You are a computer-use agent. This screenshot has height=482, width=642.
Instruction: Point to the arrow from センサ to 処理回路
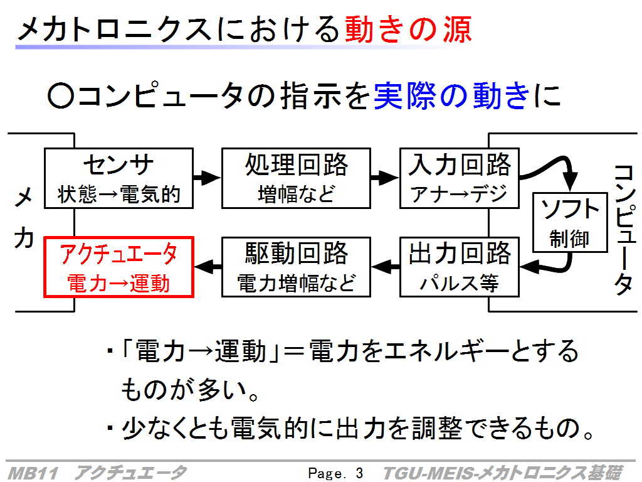coord(207,178)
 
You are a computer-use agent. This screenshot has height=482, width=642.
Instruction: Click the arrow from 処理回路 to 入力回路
coord(385,178)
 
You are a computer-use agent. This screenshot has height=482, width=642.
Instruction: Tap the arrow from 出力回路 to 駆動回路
coord(385,267)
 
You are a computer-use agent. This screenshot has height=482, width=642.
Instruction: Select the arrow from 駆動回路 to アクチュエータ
coord(208,267)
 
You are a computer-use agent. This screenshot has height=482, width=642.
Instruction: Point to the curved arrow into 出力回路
coord(563,269)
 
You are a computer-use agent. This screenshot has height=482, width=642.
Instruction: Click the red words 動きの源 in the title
coord(408,29)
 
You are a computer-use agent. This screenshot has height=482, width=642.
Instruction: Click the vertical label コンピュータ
coord(624,230)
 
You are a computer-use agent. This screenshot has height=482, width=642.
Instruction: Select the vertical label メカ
coord(24,218)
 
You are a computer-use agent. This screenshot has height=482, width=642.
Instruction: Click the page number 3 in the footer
coord(359,473)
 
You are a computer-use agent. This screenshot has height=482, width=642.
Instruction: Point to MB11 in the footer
coord(33,473)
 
